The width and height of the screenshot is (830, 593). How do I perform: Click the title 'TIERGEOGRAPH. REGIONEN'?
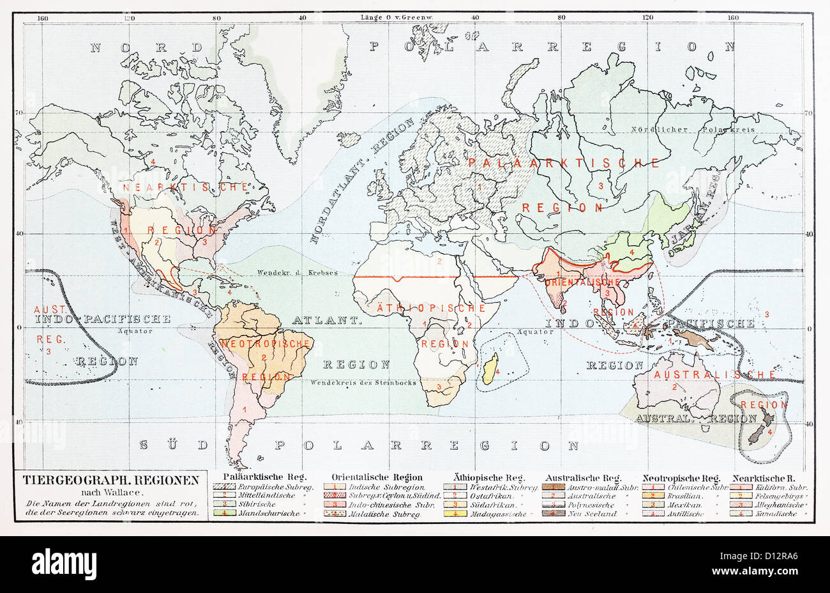click(111, 479)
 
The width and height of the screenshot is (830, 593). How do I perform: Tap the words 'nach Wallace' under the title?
click(111, 492)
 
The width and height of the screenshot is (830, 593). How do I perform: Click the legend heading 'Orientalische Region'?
click(377, 477)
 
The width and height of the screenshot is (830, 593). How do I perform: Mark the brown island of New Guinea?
click(693, 338)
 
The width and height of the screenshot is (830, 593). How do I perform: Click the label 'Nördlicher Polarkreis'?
click(693, 129)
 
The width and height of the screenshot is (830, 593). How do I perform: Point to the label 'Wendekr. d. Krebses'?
click(297, 272)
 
